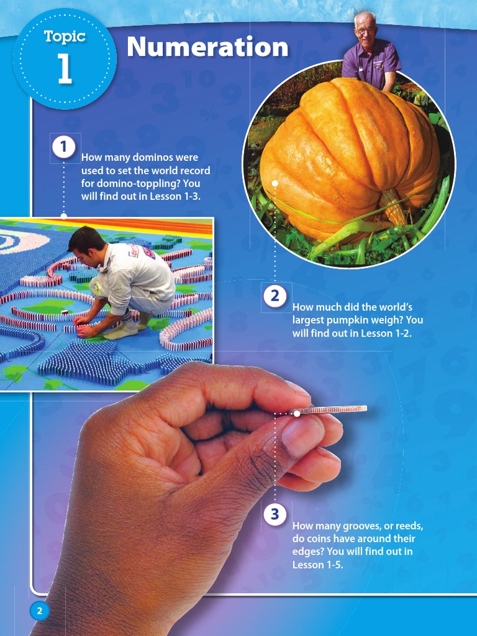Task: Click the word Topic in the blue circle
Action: click(65, 37)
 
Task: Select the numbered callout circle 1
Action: click(63, 147)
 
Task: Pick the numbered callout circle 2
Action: click(275, 296)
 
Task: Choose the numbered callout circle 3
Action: click(275, 514)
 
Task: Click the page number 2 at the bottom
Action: click(39, 611)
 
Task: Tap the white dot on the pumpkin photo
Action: click(275, 183)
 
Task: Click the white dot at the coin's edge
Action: click(297, 413)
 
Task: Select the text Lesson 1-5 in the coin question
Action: click(317, 565)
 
